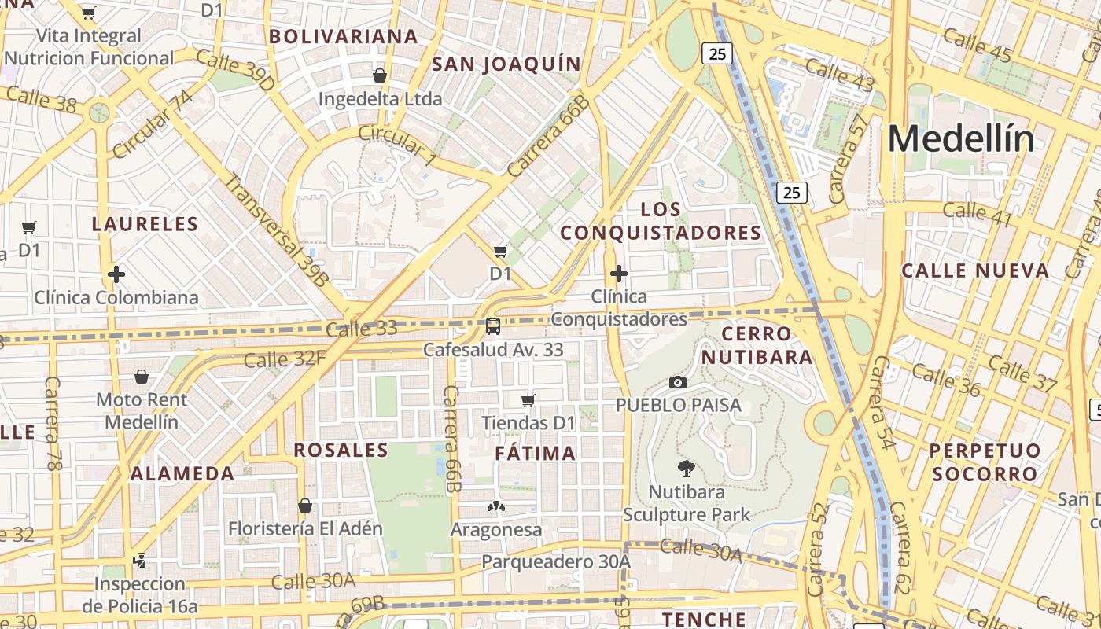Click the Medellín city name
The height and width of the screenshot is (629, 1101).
click(961, 140)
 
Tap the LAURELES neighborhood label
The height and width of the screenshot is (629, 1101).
click(145, 224)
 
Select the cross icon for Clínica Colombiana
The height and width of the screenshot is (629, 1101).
click(116, 274)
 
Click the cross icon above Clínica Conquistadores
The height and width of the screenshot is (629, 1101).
click(618, 274)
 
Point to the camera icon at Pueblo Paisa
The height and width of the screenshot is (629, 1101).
click(677, 383)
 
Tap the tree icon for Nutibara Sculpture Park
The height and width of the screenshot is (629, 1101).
click(686, 469)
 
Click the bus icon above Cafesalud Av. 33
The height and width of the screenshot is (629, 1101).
click(493, 326)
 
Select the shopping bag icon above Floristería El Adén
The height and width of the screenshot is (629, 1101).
click(305, 506)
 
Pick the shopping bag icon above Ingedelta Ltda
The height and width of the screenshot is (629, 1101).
click(380, 75)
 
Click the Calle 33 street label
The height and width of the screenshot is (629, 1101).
click(361, 329)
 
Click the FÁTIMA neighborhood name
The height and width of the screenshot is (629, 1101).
click(536, 454)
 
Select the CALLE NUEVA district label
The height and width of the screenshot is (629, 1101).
click(975, 271)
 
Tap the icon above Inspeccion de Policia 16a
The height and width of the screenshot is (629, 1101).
click(140, 561)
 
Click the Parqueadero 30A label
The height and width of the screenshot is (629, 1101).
click(556, 561)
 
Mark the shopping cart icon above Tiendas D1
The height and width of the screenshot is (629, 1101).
click(528, 400)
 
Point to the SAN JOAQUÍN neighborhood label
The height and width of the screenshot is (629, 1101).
click(506, 64)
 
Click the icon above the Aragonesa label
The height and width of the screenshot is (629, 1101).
click(496, 506)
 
